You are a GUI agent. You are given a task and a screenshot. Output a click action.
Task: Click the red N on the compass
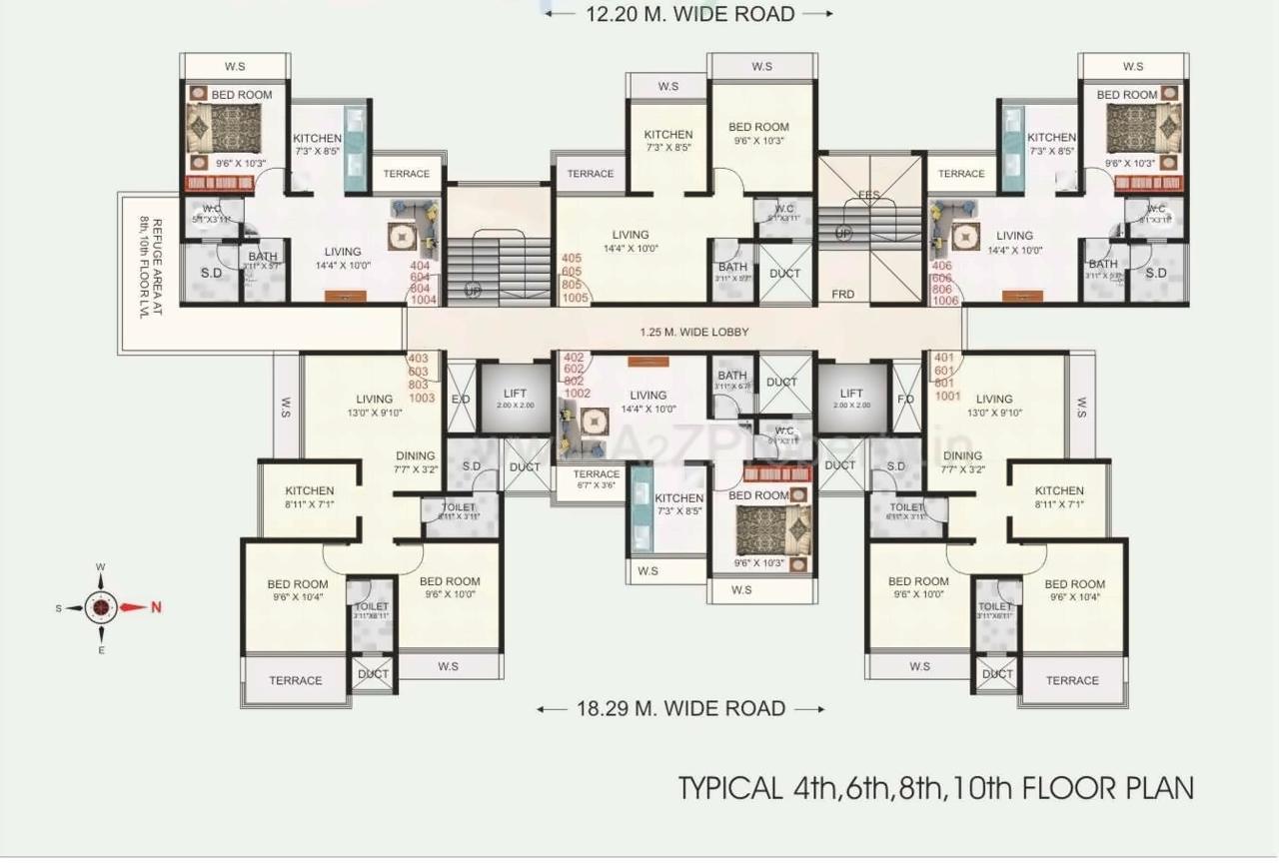pos(156,607)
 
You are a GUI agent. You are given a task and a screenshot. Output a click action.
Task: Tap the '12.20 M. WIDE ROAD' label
pos(688,14)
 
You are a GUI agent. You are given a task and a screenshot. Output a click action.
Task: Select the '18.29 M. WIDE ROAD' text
pos(680,709)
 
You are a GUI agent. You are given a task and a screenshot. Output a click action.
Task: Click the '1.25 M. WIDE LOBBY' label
pos(694,333)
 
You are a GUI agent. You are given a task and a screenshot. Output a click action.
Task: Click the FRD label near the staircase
pos(843,295)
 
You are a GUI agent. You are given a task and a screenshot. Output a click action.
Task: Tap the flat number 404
pos(422,267)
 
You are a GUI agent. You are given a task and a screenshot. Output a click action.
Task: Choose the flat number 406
pos(944,266)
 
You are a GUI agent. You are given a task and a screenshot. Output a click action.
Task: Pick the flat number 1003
pos(423,398)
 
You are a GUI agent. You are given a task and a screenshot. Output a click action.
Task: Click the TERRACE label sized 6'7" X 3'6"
pos(597,479)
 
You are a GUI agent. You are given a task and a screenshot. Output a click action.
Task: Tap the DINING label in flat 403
pos(415,455)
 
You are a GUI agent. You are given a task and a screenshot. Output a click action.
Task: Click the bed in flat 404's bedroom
pos(223,127)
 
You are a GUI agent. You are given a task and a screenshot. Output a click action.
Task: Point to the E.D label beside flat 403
pos(461,399)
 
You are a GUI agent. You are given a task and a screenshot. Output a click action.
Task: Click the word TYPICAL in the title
pos(729,788)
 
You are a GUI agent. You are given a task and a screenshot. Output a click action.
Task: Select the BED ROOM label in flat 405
pos(757,127)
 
